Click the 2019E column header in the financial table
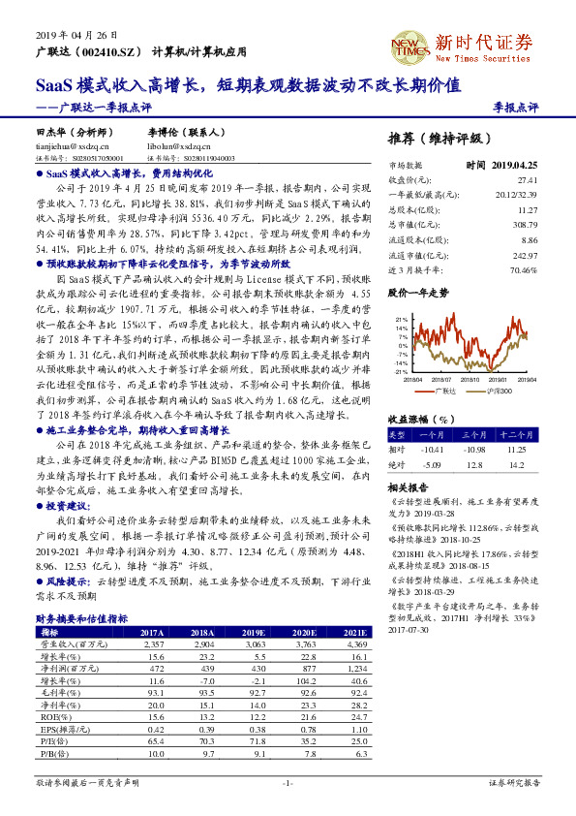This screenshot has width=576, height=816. click(256, 631)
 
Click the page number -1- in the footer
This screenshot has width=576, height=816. click(287, 781)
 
